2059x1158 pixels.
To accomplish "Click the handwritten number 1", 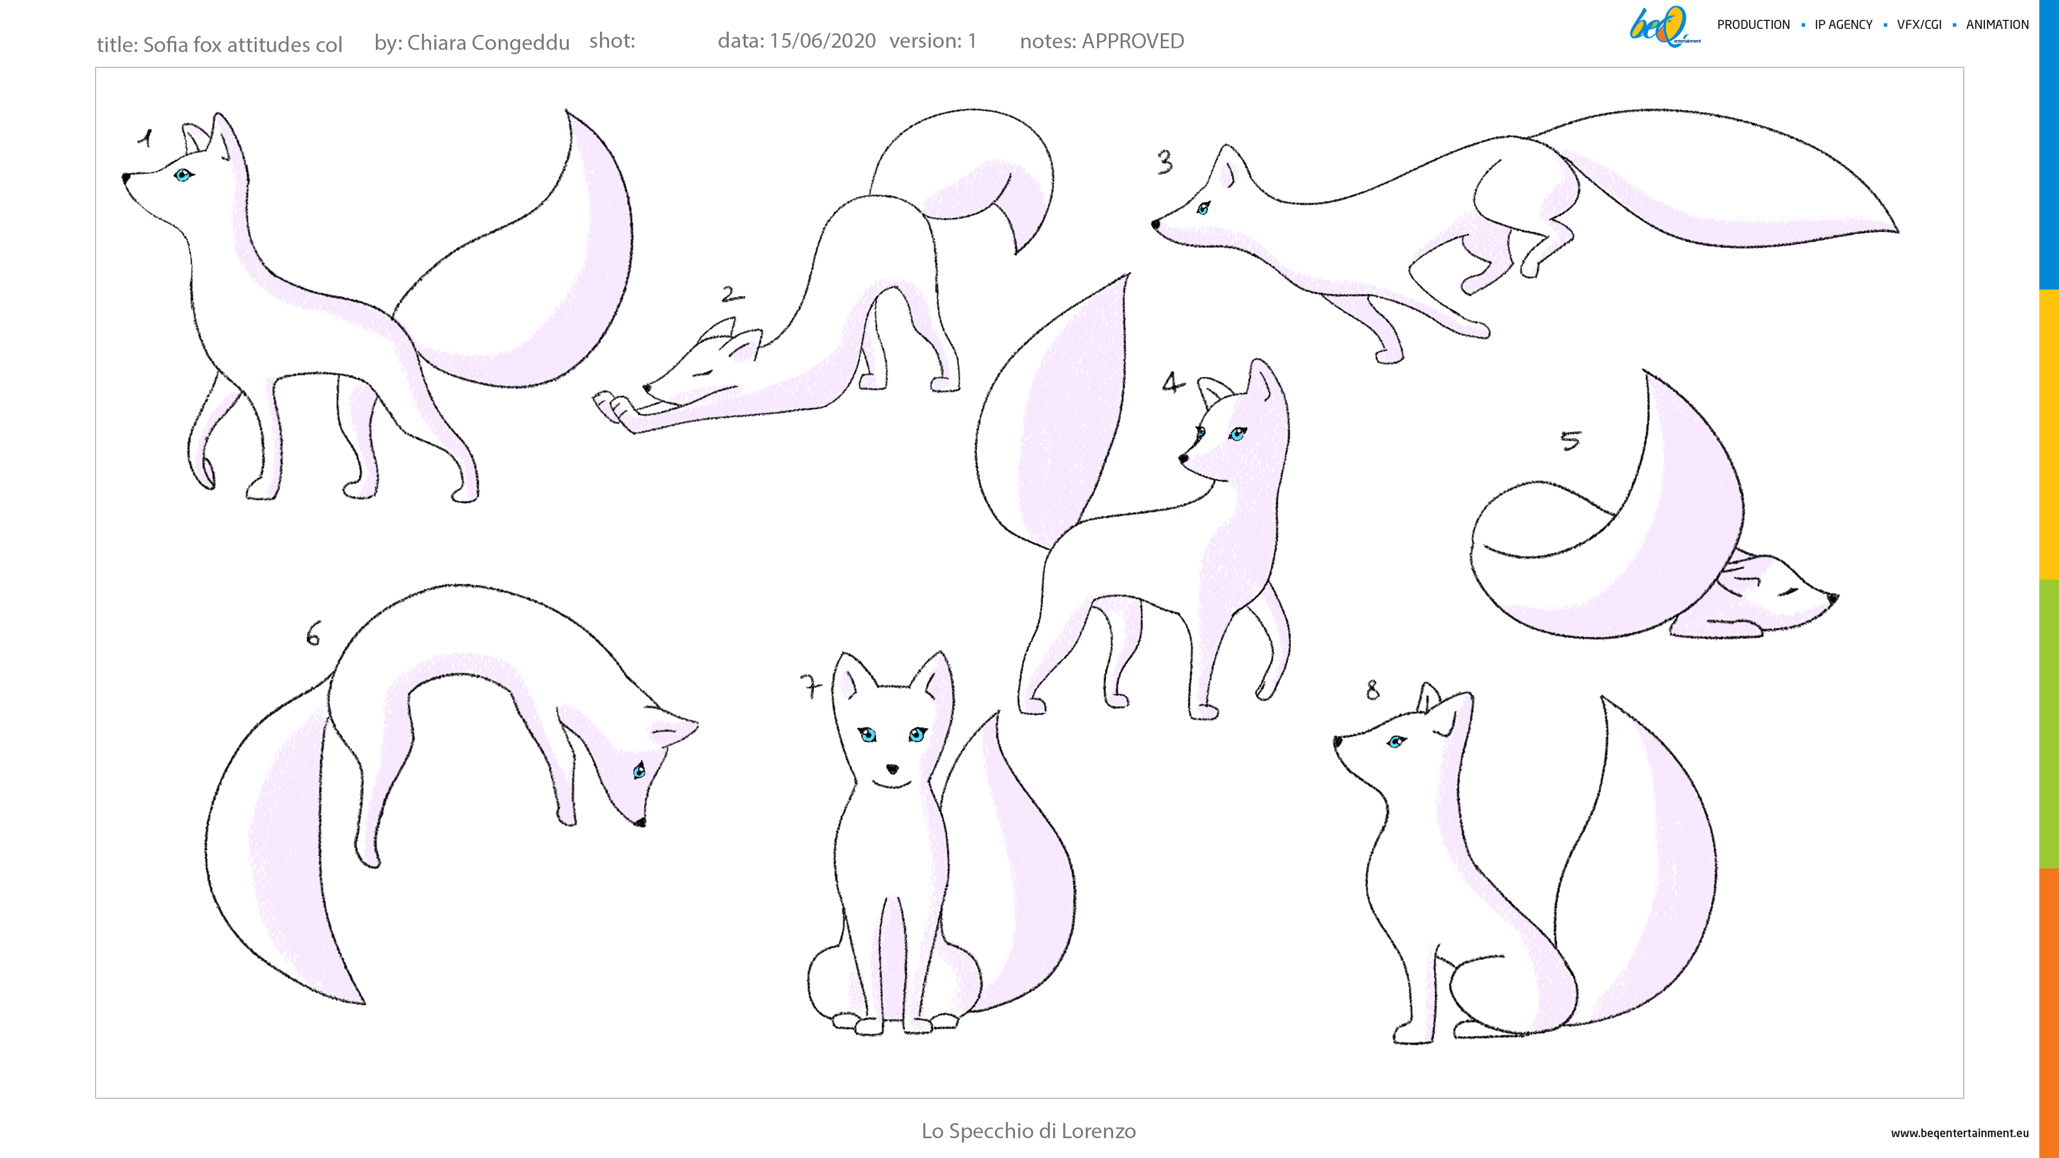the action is pyautogui.click(x=145, y=138).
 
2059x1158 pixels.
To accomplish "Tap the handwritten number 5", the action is pyautogui.click(x=1571, y=440).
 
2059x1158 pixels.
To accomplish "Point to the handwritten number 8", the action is pyautogui.click(x=1373, y=689).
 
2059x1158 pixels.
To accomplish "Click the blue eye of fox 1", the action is pyautogui.click(x=183, y=175).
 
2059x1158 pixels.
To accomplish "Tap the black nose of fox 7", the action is pyautogui.click(x=893, y=769).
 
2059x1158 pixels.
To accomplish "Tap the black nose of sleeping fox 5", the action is pyautogui.click(x=1833, y=597).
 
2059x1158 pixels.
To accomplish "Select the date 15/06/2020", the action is pyautogui.click(x=823, y=41).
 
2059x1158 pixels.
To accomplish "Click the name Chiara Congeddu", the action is pyautogui.click(x=488, y=42).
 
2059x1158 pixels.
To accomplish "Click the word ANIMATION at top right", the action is pyautogui.click(x=1997, y=25).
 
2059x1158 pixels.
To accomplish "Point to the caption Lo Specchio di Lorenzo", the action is pyautogui.click(x=1029, y=1131).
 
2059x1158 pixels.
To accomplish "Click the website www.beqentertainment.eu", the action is pyautogui.click(x=1960, y=1132).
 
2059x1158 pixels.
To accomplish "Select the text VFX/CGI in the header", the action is pyautogui.click(x=1919, y=25).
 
